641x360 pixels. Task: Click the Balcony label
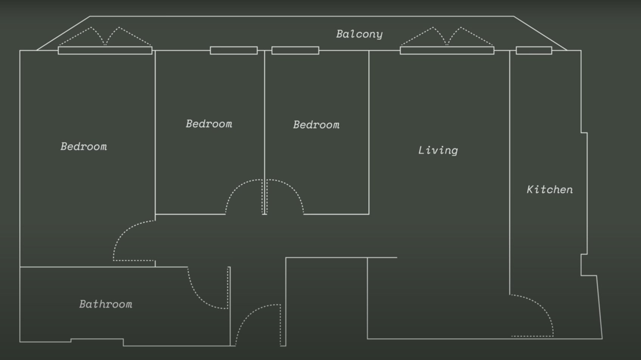click(359, 34)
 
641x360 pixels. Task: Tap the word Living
click(438, 151)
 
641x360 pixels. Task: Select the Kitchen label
click(550, 189)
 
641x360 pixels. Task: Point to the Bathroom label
click(106, 304)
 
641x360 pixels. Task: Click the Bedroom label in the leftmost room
click(84, 147)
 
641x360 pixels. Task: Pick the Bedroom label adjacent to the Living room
click(316, 125)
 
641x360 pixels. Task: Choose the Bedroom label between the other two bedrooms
click(209, 124)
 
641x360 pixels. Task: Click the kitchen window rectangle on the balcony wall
click(534, 50)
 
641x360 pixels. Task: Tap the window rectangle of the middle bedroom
click(234, 50)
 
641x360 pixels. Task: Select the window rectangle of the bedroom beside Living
click(295, 50)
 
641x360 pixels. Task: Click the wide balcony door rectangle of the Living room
click(447, 50)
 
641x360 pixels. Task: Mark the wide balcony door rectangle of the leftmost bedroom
click(105, 50)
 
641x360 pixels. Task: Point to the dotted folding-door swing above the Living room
click(447, 36)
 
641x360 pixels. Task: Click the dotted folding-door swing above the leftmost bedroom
click(105, 36)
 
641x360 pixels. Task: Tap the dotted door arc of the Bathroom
click(208, 288)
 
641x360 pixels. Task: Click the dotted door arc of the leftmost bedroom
click(134, 241)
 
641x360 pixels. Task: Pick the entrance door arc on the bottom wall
click(258, 325)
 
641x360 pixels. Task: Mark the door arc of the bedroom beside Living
click(285, 197)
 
